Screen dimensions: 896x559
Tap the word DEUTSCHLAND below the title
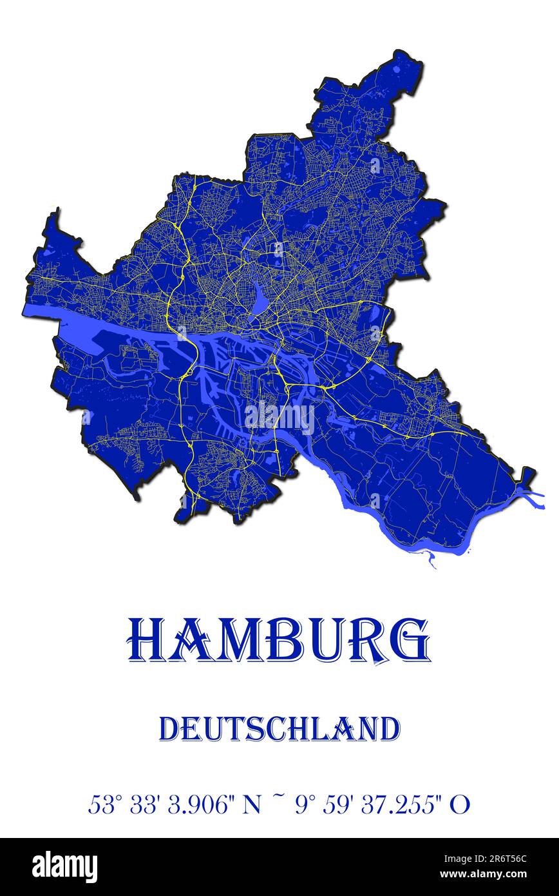pos(279,729)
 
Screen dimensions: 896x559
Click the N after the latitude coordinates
pos(251,804)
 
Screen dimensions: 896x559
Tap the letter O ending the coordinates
pos(460,804)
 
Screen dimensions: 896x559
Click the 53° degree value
pos(105,804)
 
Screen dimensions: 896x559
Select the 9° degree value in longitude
pos(306,804)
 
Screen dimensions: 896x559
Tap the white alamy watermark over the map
pos(279,418)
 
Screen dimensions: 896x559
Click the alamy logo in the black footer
pos(64,866)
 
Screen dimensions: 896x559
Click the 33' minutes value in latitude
pos(144,804)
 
